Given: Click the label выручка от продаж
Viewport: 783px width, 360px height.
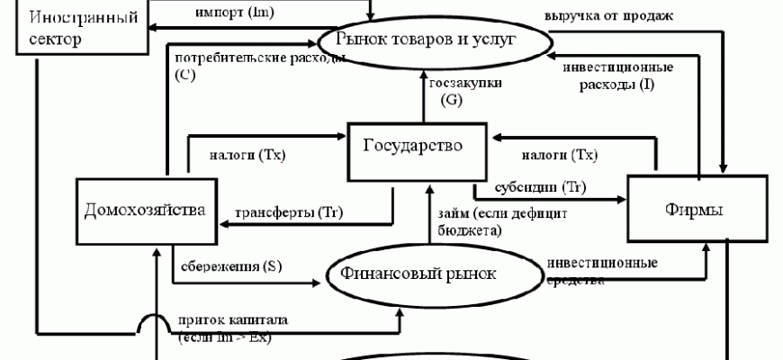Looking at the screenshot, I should point(609,16).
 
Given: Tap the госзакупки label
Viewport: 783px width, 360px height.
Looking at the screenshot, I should point(465,91).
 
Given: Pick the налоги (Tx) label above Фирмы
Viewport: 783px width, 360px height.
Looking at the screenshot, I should point(559,155).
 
